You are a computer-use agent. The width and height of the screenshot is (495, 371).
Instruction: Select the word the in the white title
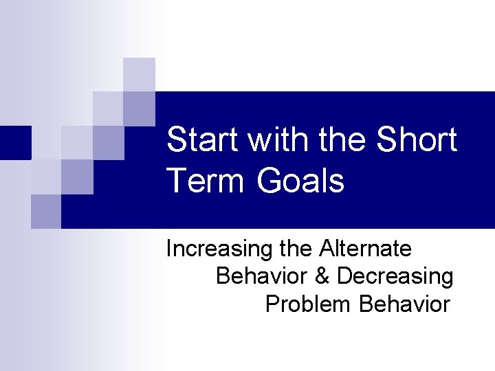345,140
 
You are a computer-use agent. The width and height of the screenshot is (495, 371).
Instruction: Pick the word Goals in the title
300,181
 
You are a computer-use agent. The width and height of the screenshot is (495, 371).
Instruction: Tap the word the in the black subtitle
296,248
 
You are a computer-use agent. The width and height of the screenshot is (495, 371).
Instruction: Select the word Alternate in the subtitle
364,248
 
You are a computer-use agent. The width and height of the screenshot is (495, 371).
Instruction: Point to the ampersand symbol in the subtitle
322,276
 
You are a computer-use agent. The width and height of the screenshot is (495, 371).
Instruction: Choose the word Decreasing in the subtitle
395,277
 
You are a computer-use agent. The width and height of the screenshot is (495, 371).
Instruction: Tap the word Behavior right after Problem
404,304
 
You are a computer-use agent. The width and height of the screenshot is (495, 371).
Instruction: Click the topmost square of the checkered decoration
140,74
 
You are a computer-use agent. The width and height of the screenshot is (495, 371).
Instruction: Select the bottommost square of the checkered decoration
46,212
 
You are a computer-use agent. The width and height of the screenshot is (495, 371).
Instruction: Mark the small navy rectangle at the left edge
15,143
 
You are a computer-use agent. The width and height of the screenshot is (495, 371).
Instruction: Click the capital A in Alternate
324,248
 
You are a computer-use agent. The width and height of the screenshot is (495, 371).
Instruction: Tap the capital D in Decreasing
345,276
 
